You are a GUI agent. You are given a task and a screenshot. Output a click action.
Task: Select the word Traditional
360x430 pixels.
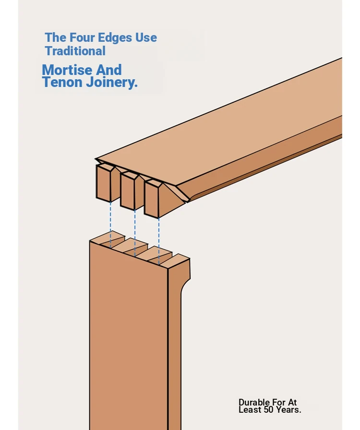coord(75,51)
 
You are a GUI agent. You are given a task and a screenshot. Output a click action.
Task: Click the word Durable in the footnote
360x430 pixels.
coord(254,402)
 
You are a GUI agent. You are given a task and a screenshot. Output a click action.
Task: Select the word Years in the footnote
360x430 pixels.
coord(288,410)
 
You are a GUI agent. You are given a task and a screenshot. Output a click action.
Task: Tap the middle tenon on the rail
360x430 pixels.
coord(129,191)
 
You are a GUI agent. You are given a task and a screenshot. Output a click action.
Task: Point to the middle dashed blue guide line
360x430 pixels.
coord(135,233)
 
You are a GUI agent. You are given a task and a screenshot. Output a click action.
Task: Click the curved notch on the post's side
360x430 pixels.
coord(185,285)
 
